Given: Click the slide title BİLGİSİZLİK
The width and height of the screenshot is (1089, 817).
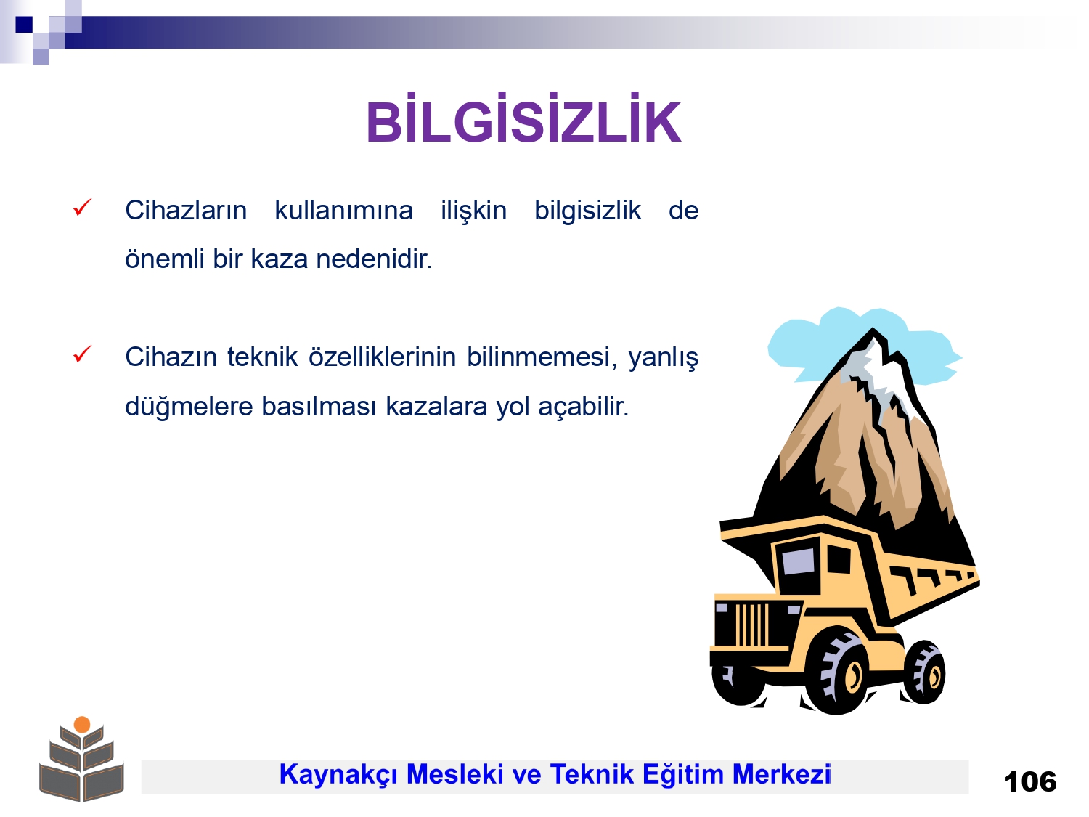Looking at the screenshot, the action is (523, 119).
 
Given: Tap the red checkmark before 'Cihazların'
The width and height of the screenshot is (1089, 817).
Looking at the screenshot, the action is (82, 208).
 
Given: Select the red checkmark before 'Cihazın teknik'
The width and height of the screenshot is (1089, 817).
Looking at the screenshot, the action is (82, 354).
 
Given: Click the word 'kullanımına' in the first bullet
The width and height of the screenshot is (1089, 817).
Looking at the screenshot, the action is (344, 211).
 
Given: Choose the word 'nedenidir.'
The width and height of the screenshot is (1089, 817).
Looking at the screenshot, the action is (374, 259).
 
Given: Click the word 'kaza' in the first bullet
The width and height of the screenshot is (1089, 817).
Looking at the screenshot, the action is (280, 259).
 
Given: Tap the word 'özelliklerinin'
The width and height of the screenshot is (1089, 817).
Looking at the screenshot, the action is (382, 357).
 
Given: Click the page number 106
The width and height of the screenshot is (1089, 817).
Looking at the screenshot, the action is (1030, 782).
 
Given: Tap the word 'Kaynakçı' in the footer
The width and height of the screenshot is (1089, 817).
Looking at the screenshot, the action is (338, 775).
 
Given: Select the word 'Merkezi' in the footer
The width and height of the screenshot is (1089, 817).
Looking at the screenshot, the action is (781, 774).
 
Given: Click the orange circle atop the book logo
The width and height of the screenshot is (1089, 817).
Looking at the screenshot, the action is (82, 725).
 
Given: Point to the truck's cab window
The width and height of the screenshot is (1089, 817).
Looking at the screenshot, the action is (799, 561).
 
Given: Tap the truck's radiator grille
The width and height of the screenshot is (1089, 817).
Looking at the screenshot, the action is (751, 624).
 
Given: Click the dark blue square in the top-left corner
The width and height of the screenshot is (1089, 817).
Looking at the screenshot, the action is (24, 24).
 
